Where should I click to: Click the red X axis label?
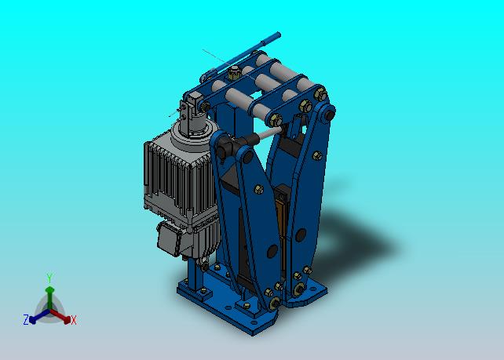coord(74,320)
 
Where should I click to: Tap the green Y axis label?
coord(49,278)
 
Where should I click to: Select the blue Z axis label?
coord(26,320)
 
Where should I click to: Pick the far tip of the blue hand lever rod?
coord(279,35)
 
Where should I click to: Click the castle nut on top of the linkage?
coord(235,73)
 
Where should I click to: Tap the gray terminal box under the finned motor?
coord(170,238)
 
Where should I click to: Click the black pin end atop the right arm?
coord(329,115)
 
